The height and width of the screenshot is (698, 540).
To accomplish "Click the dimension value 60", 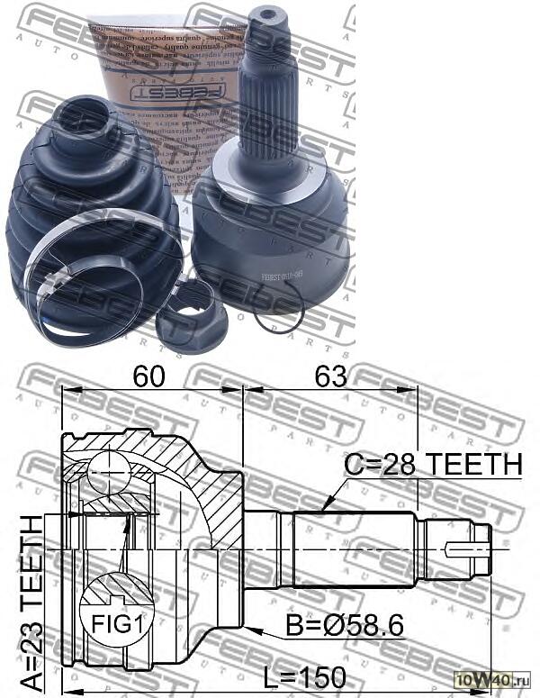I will [x=148, y=377].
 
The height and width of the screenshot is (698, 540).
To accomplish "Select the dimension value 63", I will [x=329, y=377].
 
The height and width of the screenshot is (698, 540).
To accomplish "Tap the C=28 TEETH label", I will [x=434, y=464].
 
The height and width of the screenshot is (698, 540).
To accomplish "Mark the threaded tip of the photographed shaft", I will [x=267, y=23].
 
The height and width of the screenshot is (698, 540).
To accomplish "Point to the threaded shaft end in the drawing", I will [x=468, y=546].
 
